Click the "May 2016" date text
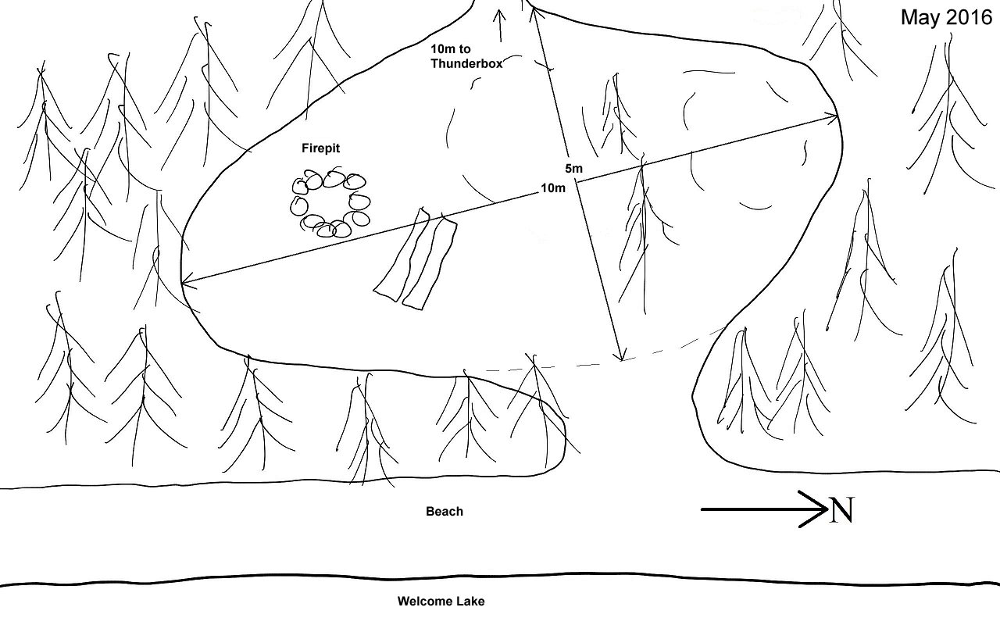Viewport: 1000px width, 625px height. (x=946, y=18)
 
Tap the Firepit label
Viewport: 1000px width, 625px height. (x=320, y=148)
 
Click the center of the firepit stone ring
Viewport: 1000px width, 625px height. (x=330, y=203)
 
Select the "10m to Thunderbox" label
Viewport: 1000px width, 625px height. (x=466, y=56)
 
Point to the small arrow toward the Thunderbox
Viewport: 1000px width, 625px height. (x=500, y=26)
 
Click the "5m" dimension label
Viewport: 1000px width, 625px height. (x=573, y=168)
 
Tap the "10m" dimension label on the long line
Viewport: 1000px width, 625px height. (x=553, y=188)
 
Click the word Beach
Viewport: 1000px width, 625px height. (x=445, y=511)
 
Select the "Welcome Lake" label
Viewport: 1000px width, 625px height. (x=441, y=602)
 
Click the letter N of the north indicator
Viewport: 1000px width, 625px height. (x=842, y=510)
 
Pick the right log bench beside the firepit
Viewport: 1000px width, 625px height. (x=430, y=262)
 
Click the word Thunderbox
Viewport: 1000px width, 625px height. (x=466, y=64)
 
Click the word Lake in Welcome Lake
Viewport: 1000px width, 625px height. (x=468, y=602)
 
